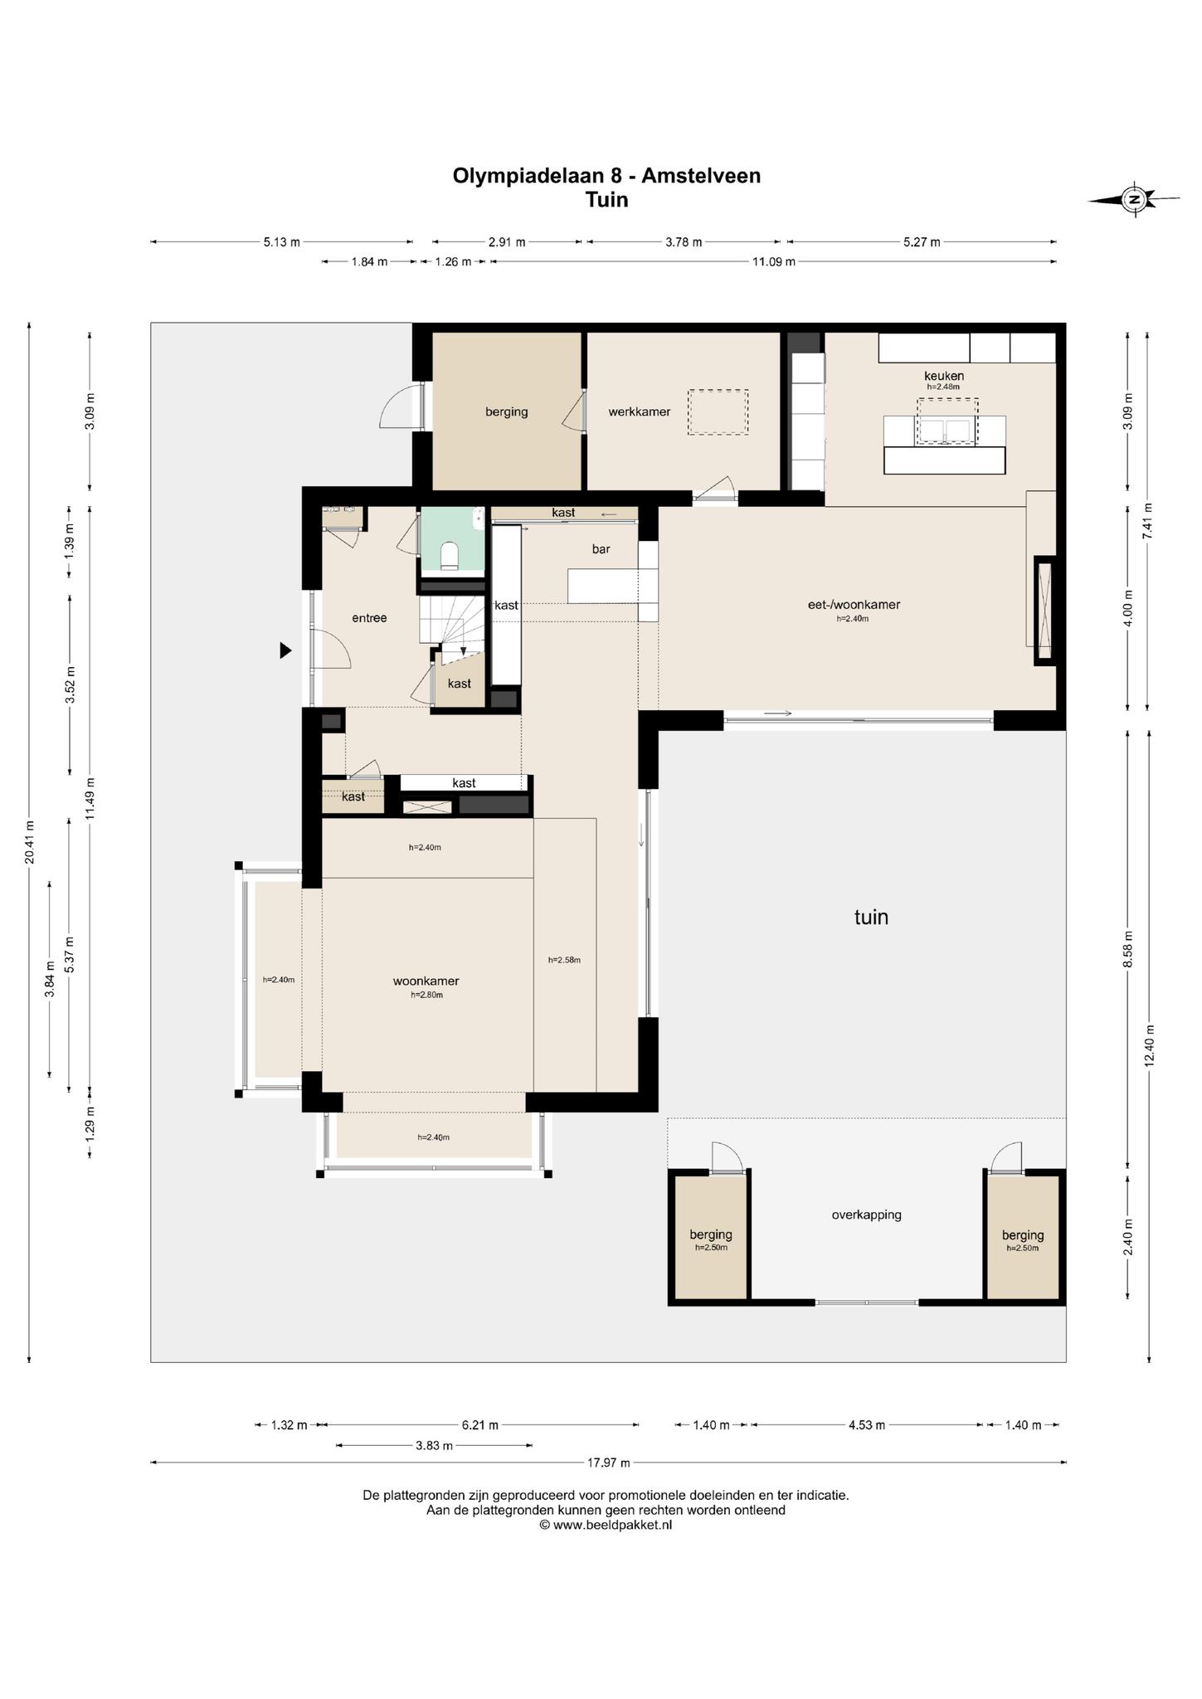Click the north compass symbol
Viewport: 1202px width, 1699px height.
click(1134, 199)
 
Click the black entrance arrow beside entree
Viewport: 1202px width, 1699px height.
click(285, 650)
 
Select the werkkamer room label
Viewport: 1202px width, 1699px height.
click(639, 411)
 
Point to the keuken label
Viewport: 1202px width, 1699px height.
click(944, 376)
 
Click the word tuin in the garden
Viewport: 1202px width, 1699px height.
click(871, 917)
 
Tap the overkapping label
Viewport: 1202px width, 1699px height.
click(866, 1215)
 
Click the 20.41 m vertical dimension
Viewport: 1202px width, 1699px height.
click(30, 842)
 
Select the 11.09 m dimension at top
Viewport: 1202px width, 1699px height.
click(773, 261)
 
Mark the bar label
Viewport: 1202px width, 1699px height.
click(601, 548)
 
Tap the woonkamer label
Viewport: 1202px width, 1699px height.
click(426, 981)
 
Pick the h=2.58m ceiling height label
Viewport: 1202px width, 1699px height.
click(564, 960)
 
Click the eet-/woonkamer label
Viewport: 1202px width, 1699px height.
click(854, 605)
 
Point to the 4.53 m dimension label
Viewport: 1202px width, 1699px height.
click(867, 1425)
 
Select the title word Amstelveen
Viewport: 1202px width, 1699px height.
click(701, 176)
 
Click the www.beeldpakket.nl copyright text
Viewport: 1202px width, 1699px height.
click(606, 1525)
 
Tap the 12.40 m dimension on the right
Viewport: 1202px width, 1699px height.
click(1149, 1047)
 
